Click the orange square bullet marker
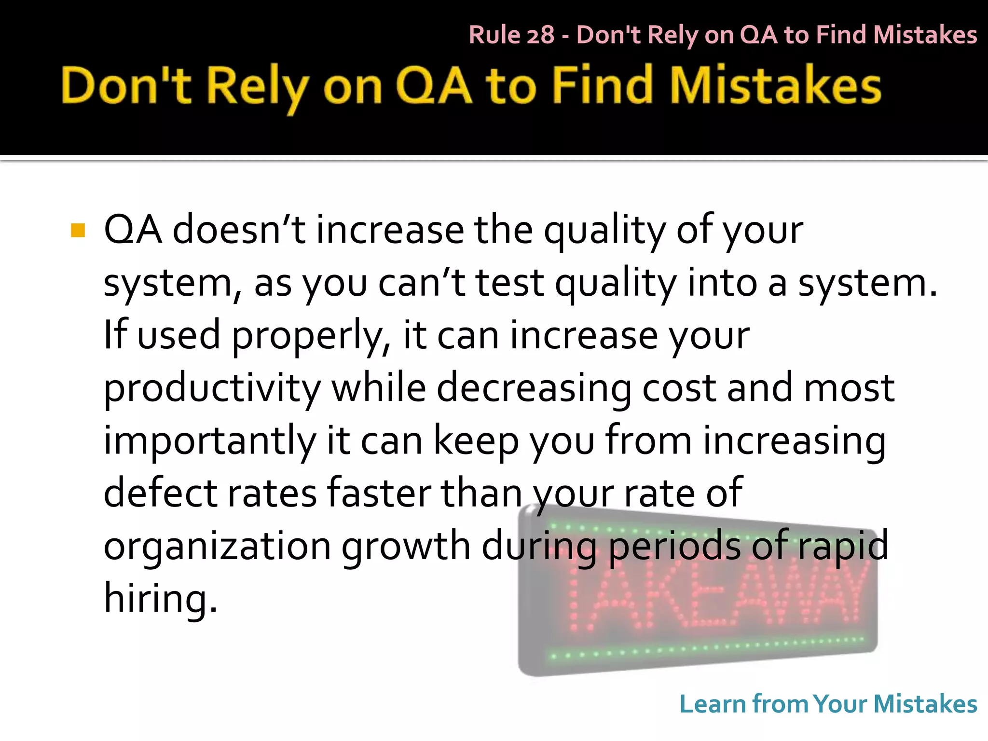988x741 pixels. (78, 231)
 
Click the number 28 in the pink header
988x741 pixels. (540, 35)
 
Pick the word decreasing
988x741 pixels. (534, 389)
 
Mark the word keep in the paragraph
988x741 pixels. (476, 441)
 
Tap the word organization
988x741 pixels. (217, 547)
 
